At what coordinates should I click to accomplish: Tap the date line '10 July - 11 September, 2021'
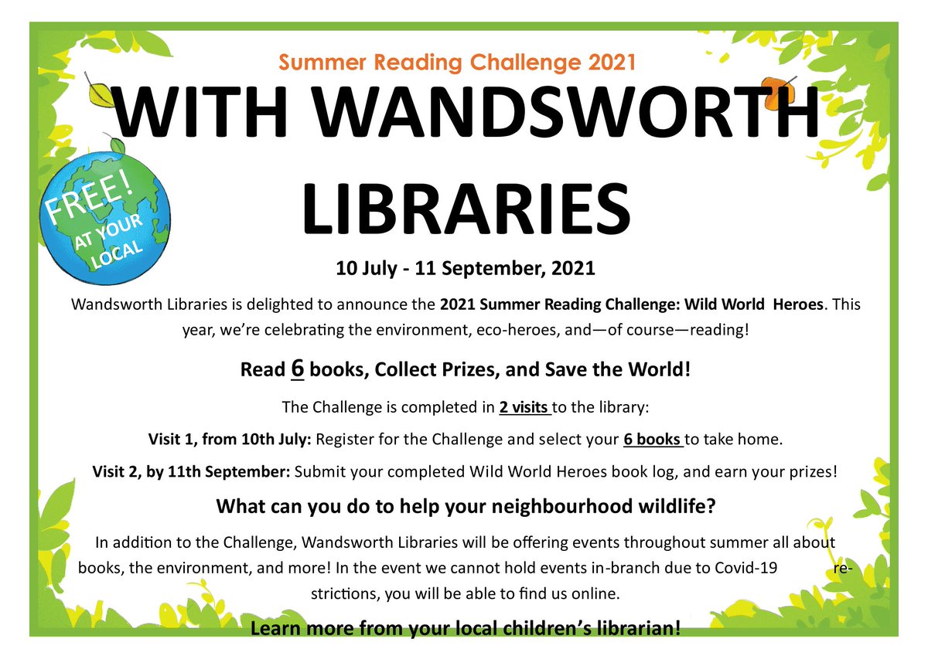(465, 269)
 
